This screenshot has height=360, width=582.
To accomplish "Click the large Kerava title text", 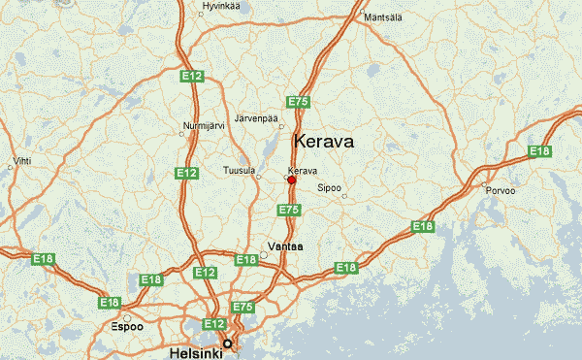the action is point(323,141).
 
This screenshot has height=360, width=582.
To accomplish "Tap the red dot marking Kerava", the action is point(291,180).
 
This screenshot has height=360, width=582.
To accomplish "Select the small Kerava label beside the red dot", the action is point(303,171).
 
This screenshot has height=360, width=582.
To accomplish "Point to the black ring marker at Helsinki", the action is point(228,344).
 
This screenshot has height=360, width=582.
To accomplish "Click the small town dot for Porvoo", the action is point(483,183).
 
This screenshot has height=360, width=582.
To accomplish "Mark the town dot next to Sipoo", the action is point(344,197).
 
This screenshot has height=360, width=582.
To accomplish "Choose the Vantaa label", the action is point(285,246).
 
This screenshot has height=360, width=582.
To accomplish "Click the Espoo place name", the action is point(126,327).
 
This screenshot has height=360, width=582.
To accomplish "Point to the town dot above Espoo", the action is point(126,316).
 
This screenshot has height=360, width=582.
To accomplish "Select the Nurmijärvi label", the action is point(202,124).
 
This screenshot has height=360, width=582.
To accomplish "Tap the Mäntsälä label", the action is point(380,16).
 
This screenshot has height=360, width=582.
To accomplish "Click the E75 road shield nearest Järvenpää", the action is point(298,101).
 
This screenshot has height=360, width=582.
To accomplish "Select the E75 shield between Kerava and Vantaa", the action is point(288,210).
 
